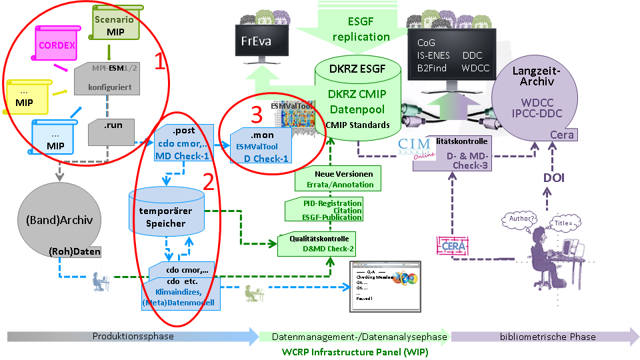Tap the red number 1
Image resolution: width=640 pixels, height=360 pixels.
pyautogui.click(x=160, y=61)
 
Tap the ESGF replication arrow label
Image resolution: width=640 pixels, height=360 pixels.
pyautogui.click(x=360, y=29)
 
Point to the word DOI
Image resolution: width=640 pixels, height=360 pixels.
pyautogui.click(x=548, y=178)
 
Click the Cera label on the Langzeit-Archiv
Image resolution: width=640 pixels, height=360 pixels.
pyautogui.click(x=561, y=135)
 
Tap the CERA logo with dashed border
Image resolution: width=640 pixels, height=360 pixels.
pyautogui.click(x=452, y=245)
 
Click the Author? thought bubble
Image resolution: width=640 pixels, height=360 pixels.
pyautogui.click(x=522, y=219)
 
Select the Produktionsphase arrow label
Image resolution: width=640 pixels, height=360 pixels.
pyautogui.click(x=133, y=337)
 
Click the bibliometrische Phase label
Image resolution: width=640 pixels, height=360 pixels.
pyautogui.click(x=548, y=337)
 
